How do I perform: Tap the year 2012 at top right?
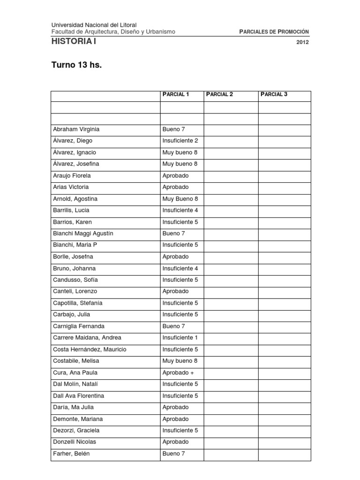[303, 42]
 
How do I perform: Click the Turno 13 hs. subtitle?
[76, 65]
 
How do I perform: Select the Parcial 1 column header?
[176, 94]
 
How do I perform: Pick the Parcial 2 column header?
[219, 94]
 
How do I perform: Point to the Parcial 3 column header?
[274, 94]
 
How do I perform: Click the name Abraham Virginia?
[76, 129]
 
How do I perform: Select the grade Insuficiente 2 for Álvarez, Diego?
[180, 141]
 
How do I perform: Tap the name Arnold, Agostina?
[75, 199]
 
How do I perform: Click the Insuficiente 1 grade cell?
[180, 337]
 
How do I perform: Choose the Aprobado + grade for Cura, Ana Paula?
[178, 373]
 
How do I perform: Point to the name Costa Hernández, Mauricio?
[90, 349]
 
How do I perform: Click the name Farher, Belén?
[72, 453]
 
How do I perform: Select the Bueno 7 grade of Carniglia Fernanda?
[174, 326]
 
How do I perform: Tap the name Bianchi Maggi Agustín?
[83, 233]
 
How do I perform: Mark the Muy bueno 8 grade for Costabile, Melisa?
[180, 361]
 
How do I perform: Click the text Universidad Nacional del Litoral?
[94, 25]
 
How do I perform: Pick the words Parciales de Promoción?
[274, 31]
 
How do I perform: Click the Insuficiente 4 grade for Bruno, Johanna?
[180, 269]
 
